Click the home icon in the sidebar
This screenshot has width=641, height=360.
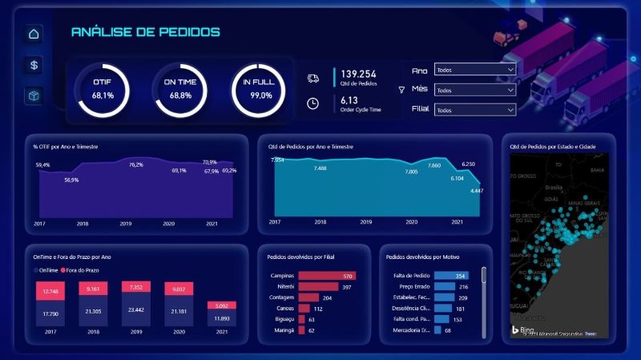pos(34,34)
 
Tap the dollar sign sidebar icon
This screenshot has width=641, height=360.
pos(34,65)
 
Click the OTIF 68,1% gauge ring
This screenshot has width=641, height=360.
pos(103,89)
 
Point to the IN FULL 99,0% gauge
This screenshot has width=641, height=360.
pos(260,89)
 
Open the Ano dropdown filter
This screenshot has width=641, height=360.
pos(474,70)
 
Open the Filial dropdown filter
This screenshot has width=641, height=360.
pos(474,109)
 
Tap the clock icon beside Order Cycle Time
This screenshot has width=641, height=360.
pos(313,103)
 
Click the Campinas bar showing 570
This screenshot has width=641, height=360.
pos(327,276)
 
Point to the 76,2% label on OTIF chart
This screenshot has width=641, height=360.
pos(136,164)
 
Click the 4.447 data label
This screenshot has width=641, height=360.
pos(477,190)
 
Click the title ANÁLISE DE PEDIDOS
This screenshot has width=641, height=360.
pos(145,32)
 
